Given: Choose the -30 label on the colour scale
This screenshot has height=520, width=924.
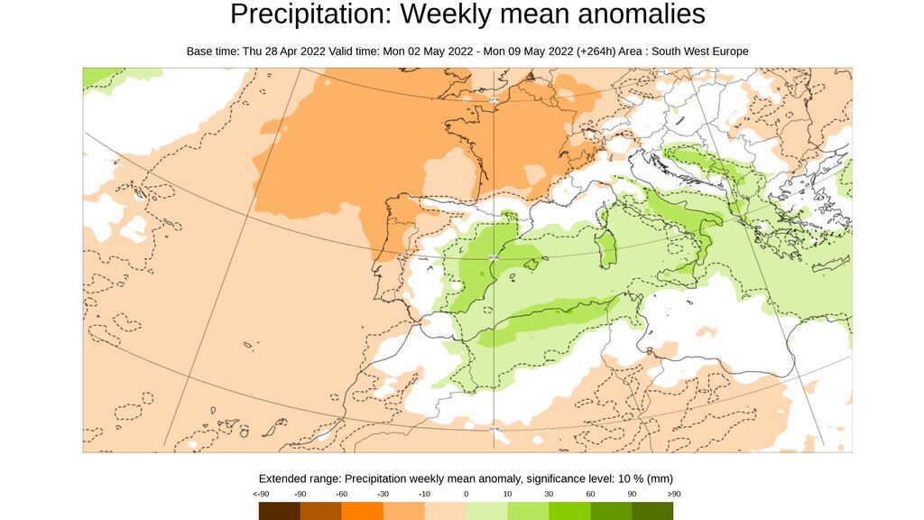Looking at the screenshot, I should (383, 494).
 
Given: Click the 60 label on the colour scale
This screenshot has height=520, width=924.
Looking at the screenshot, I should (590, 494).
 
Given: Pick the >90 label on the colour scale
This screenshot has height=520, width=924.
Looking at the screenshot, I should (673, 494).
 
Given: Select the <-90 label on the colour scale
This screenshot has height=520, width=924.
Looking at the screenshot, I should (260, 494).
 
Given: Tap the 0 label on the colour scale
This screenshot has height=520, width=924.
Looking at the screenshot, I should (466, 494).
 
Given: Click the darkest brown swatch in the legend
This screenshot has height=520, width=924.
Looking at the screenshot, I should (280, 511).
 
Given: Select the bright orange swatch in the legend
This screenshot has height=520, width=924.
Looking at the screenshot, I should (362, 511).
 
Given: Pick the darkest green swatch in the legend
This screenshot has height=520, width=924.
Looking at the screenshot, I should (652, 511).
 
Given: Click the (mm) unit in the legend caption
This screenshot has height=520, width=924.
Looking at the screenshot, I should (660, 478).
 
